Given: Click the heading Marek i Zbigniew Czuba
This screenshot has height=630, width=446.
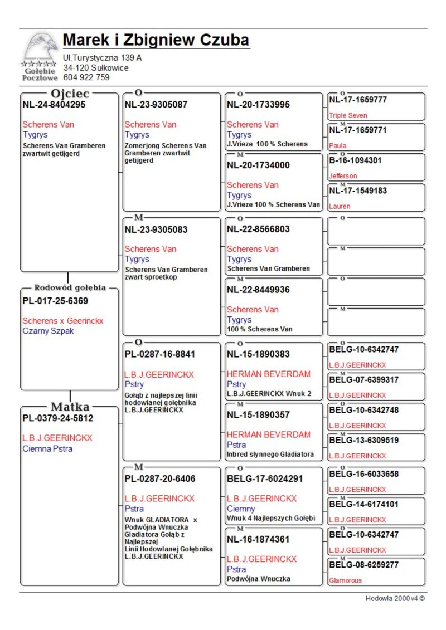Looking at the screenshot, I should (156, 41).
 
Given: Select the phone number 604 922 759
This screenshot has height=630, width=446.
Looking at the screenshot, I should (86, 77).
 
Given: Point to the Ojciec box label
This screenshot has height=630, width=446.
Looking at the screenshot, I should (70, 94).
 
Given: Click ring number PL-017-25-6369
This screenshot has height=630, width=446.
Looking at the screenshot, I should (55, 301).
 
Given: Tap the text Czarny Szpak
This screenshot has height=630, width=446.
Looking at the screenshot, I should (48, 331).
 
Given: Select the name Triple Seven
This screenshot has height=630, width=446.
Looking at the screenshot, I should (348, 115).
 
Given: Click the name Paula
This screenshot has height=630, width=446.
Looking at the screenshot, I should (337, 146).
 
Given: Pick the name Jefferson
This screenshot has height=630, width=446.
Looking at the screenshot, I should (343, 176).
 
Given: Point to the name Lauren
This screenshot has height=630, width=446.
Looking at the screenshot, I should (340, 206).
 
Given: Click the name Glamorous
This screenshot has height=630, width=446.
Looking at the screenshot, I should (345, 580).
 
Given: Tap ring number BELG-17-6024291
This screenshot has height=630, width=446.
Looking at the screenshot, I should (265, 478).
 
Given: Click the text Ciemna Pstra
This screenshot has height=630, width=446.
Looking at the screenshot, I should (47, 448).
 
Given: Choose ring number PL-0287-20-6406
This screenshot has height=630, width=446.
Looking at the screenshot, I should (159, 478).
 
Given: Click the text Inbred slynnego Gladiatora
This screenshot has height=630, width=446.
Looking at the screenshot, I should (270, 455).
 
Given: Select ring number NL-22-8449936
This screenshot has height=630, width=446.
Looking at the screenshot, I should (258, 290).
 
